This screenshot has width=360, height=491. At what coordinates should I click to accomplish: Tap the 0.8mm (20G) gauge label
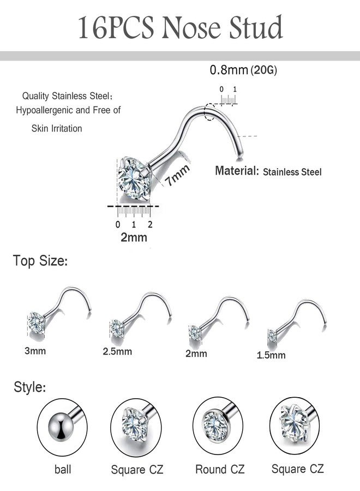click(x=243, y=70)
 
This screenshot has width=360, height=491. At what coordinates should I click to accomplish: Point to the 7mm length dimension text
click(x=177, y=175)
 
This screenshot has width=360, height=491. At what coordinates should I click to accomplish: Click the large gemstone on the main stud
click(x=134, y=179)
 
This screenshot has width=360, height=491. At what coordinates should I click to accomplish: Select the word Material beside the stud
click(x=237, y=171)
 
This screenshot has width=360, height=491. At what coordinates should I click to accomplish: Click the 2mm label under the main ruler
click(x=134, y=237)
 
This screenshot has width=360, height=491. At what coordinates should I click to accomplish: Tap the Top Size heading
click(x=40, y=261)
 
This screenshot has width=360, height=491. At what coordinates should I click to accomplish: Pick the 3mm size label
click(x=35, y=351)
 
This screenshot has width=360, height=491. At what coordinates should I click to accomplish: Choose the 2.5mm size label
click(x=117, y=351)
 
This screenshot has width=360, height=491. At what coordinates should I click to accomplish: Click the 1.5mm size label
click(x=271, y=355)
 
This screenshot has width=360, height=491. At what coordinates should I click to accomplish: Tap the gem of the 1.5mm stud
click(x=272, y=336)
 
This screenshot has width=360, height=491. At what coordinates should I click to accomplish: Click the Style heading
click(x=30, y=387)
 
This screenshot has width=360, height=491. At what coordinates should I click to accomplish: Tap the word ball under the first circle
click(x=63, y=469)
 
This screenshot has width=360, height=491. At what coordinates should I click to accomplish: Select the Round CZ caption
click(x=220, y=469)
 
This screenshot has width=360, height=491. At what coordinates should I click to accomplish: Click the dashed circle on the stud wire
click(x=208, y=112)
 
